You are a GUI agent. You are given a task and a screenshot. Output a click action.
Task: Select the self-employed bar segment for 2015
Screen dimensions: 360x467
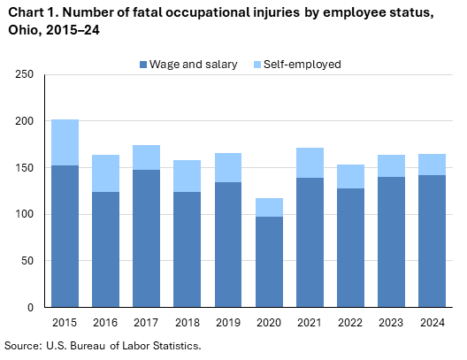65,142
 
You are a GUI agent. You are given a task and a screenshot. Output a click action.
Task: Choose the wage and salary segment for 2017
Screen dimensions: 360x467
147,238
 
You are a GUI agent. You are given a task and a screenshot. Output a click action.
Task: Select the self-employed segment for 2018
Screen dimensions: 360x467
188,176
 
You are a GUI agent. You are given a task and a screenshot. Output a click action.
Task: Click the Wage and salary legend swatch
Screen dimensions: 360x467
143,65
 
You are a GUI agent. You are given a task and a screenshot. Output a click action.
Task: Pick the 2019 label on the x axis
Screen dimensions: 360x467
228,322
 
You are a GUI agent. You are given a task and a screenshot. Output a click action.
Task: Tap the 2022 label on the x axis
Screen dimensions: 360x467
351,322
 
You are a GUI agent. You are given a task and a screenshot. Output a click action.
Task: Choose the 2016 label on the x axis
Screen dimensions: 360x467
105,322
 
